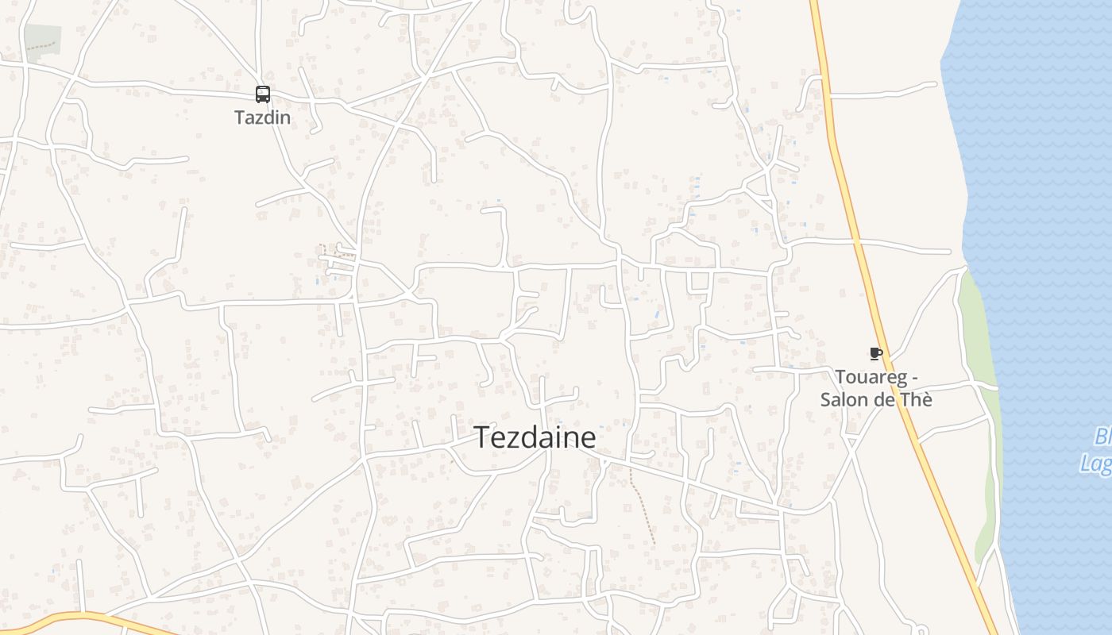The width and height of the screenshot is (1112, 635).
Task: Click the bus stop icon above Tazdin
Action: coord(263,94)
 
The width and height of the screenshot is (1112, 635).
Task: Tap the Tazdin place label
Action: coord(263,118)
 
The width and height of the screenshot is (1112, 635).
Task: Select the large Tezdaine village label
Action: coord(535,438)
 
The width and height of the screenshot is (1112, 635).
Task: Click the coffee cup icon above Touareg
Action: coord(876,353)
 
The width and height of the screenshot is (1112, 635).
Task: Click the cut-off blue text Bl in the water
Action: coord(1102,436)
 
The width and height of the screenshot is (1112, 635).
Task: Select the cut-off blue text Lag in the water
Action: coord(1097,463)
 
